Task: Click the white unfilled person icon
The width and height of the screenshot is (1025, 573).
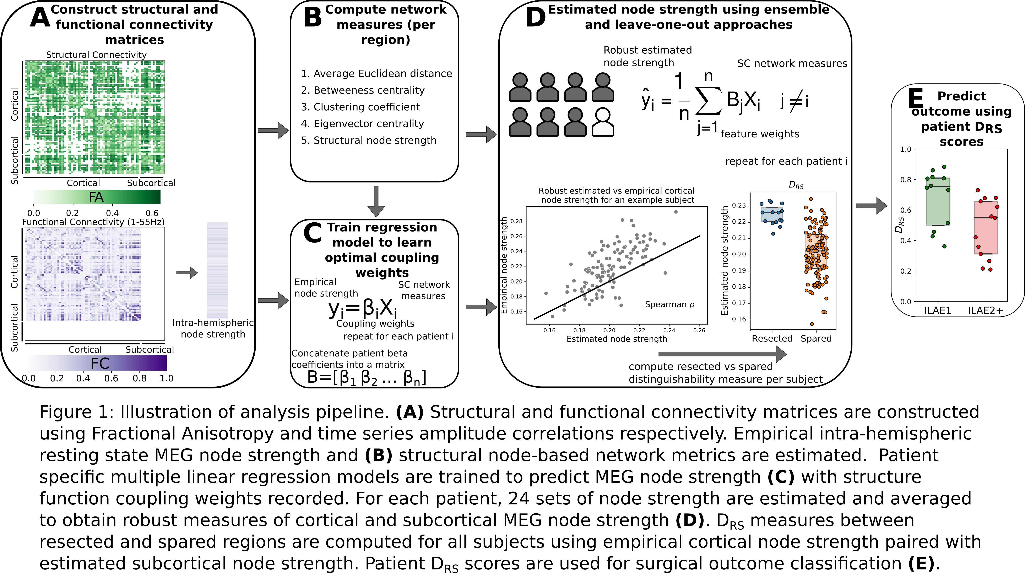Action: pyautogui.click(x=603, y=122)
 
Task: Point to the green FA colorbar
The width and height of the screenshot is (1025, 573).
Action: pyautogui.click(x=97, y=197)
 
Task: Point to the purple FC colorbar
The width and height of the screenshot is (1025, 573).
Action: pyautogui.click(x=97, y=363)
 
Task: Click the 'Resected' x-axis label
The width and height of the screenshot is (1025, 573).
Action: pyautogui.click(x=772, y=339)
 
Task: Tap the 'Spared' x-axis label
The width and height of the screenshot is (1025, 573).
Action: pyautogui.click(x=816, y=339)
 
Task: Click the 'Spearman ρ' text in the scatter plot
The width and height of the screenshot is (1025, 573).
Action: pyautogui.click(x=669, y=305)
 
